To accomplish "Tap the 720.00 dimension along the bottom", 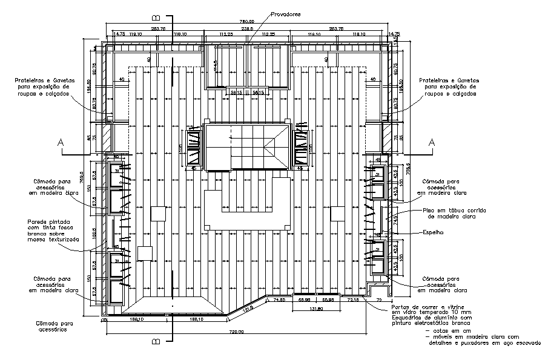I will click(x=236, y=332).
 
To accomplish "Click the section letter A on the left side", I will click(x=60, y=143).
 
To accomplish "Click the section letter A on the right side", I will click(x=432, y=143).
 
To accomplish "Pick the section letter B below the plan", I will click(x=156, y=342).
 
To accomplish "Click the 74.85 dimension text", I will click(x=280, y=299).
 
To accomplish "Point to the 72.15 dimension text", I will click(x=353, y=299).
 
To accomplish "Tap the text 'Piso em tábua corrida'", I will click(x=448, y=210).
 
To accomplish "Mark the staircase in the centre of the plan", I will click(x=247, y=146).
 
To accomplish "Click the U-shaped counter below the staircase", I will click(x=246, y=209).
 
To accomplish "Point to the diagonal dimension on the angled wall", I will click(x=248, y=310).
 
